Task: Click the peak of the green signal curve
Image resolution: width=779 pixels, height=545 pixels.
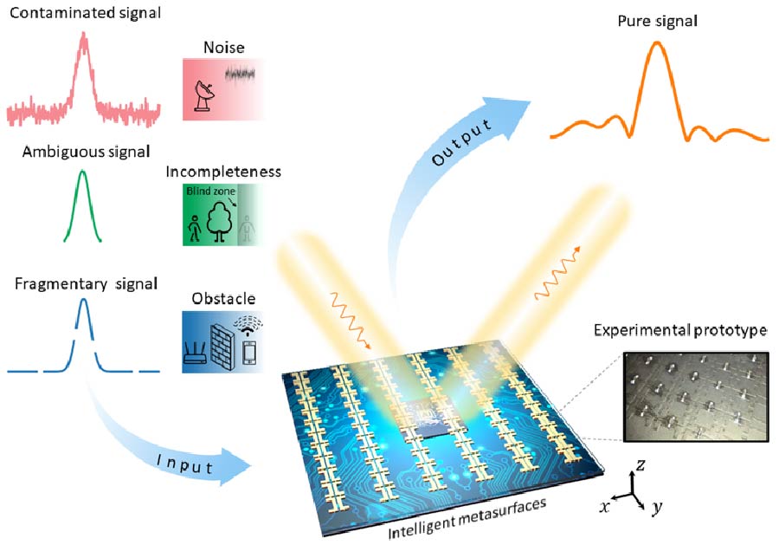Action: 83,172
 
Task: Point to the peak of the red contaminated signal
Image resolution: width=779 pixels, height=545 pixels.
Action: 83,36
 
